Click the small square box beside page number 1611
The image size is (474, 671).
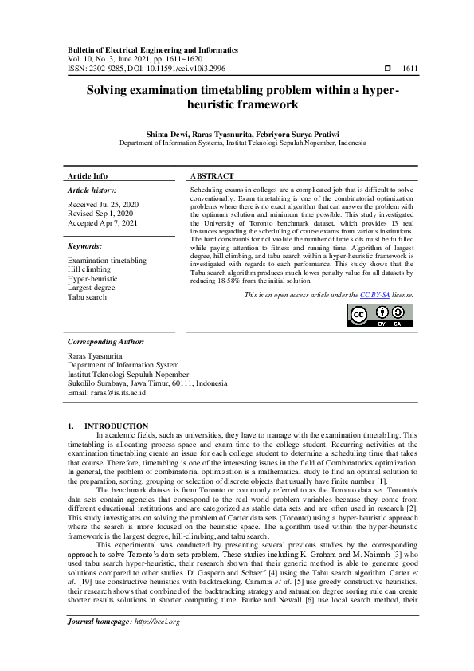pos(387,69)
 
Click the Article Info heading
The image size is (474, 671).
pos(88,175)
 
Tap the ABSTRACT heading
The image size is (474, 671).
pos(212,175)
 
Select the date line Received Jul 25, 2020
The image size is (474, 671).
pos(103,205)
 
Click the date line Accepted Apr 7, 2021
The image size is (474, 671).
pos(102,223)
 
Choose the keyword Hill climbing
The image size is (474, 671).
pos(89,269)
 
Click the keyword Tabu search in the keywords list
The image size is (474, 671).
pos(87,296)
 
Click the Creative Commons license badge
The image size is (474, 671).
pos(380,316)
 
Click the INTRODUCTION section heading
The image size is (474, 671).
pos(116,426)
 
